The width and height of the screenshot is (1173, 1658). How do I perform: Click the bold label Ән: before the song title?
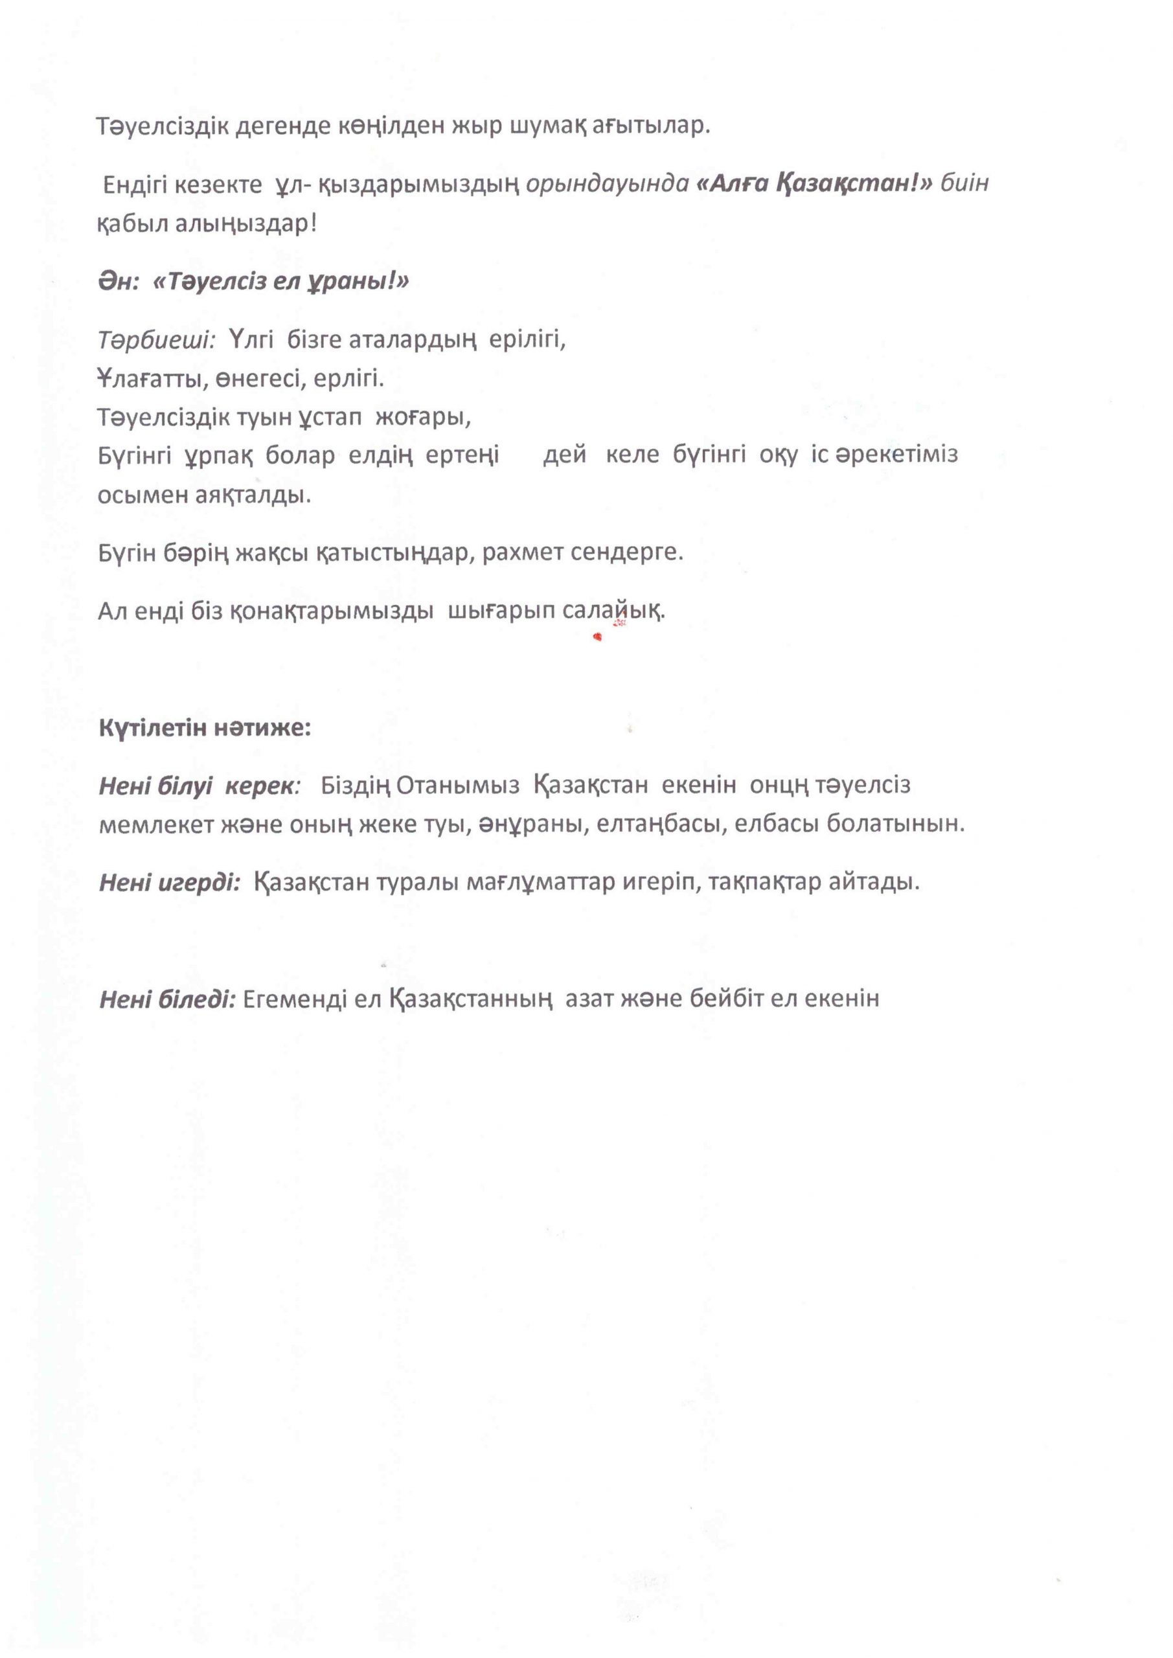(x=119, y=281)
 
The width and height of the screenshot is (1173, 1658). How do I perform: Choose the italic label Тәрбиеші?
(x=157, y=338)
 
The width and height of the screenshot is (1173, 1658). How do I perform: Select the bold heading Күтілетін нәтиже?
(x=205, y=727)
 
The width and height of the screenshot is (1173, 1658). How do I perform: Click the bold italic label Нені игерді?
(x=170, y=881)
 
